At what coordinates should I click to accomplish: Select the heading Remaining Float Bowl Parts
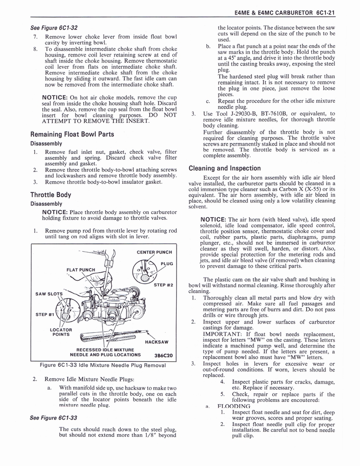click(72, 134)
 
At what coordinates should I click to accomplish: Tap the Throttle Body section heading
click(51, 195)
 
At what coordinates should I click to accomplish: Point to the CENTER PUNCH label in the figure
click(154, 252)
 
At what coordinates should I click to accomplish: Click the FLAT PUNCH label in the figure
click(81, 270)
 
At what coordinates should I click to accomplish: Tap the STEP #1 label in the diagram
click(45, 314)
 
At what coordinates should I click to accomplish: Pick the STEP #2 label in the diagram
click(163, 285)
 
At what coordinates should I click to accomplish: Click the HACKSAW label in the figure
click(157, 342)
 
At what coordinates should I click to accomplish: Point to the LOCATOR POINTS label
click(61, 332)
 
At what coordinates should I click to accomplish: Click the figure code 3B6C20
click(163, 355)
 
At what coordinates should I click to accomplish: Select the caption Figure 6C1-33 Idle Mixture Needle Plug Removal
click(102, 365)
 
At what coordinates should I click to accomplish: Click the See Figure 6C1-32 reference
click(54, 28)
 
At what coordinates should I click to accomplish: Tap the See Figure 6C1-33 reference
click(54, 418)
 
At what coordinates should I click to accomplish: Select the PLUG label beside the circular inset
click(167, 263)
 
